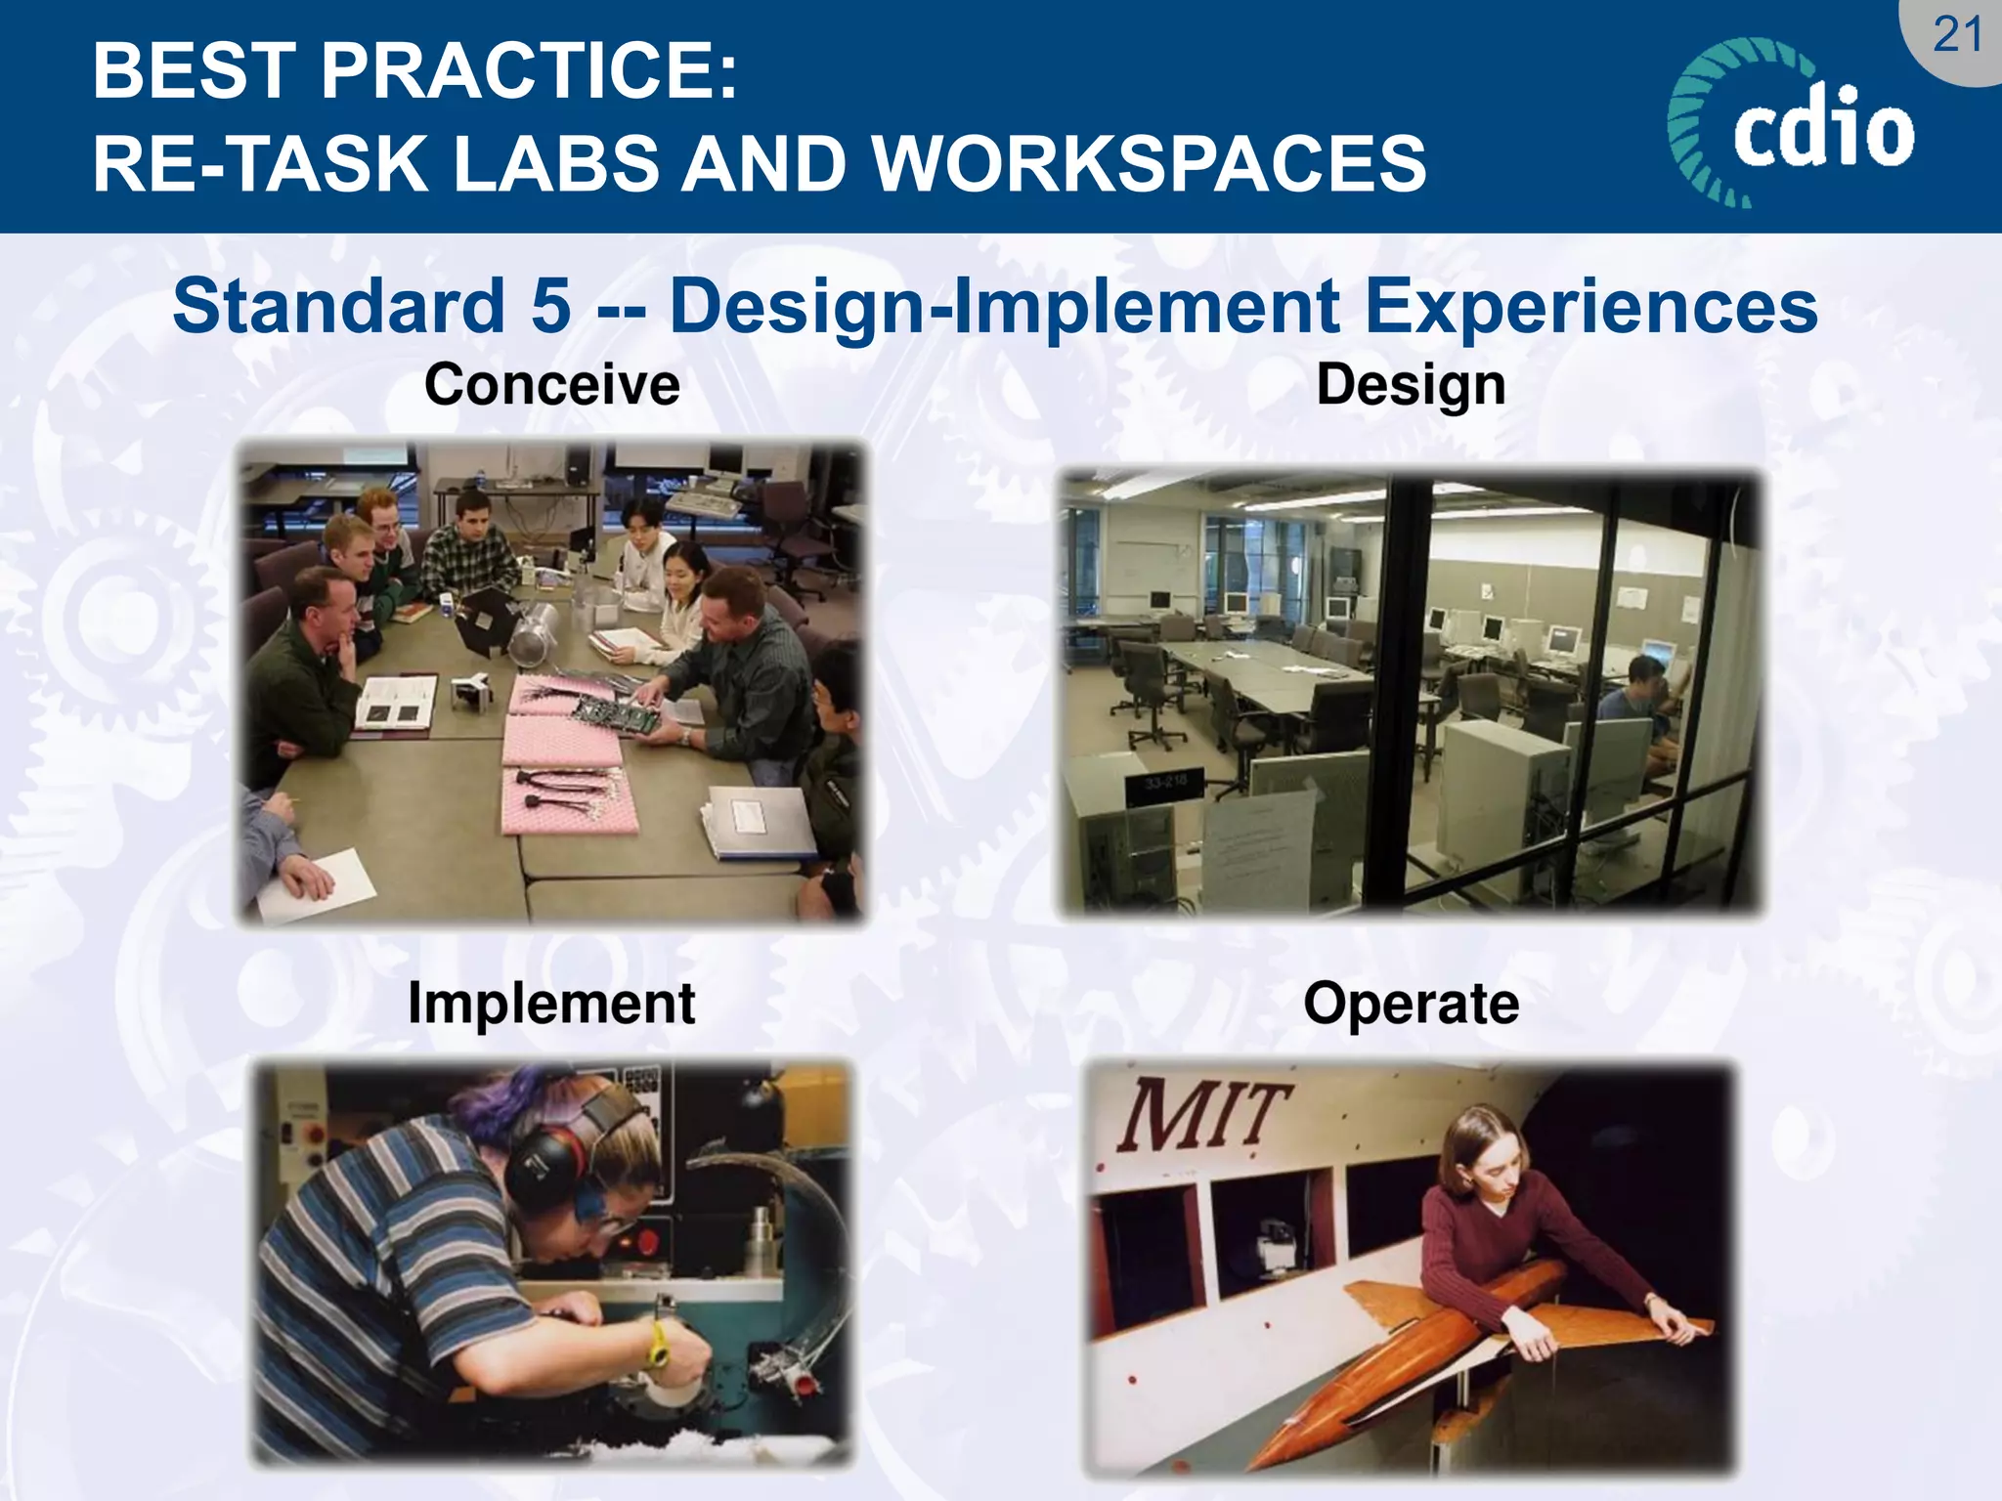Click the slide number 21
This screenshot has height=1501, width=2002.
click(1957, 36)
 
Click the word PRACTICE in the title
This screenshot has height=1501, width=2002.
click(528, 71)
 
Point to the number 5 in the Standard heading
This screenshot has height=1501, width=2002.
click(550, 306)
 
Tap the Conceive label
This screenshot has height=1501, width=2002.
click(551, 384)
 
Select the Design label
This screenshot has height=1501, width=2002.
click(1410, 384)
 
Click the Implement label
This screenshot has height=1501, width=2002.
click(550, 1004)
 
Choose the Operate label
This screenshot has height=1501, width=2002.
click(1411, 1004)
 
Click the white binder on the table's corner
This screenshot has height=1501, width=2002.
click(758, 823)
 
